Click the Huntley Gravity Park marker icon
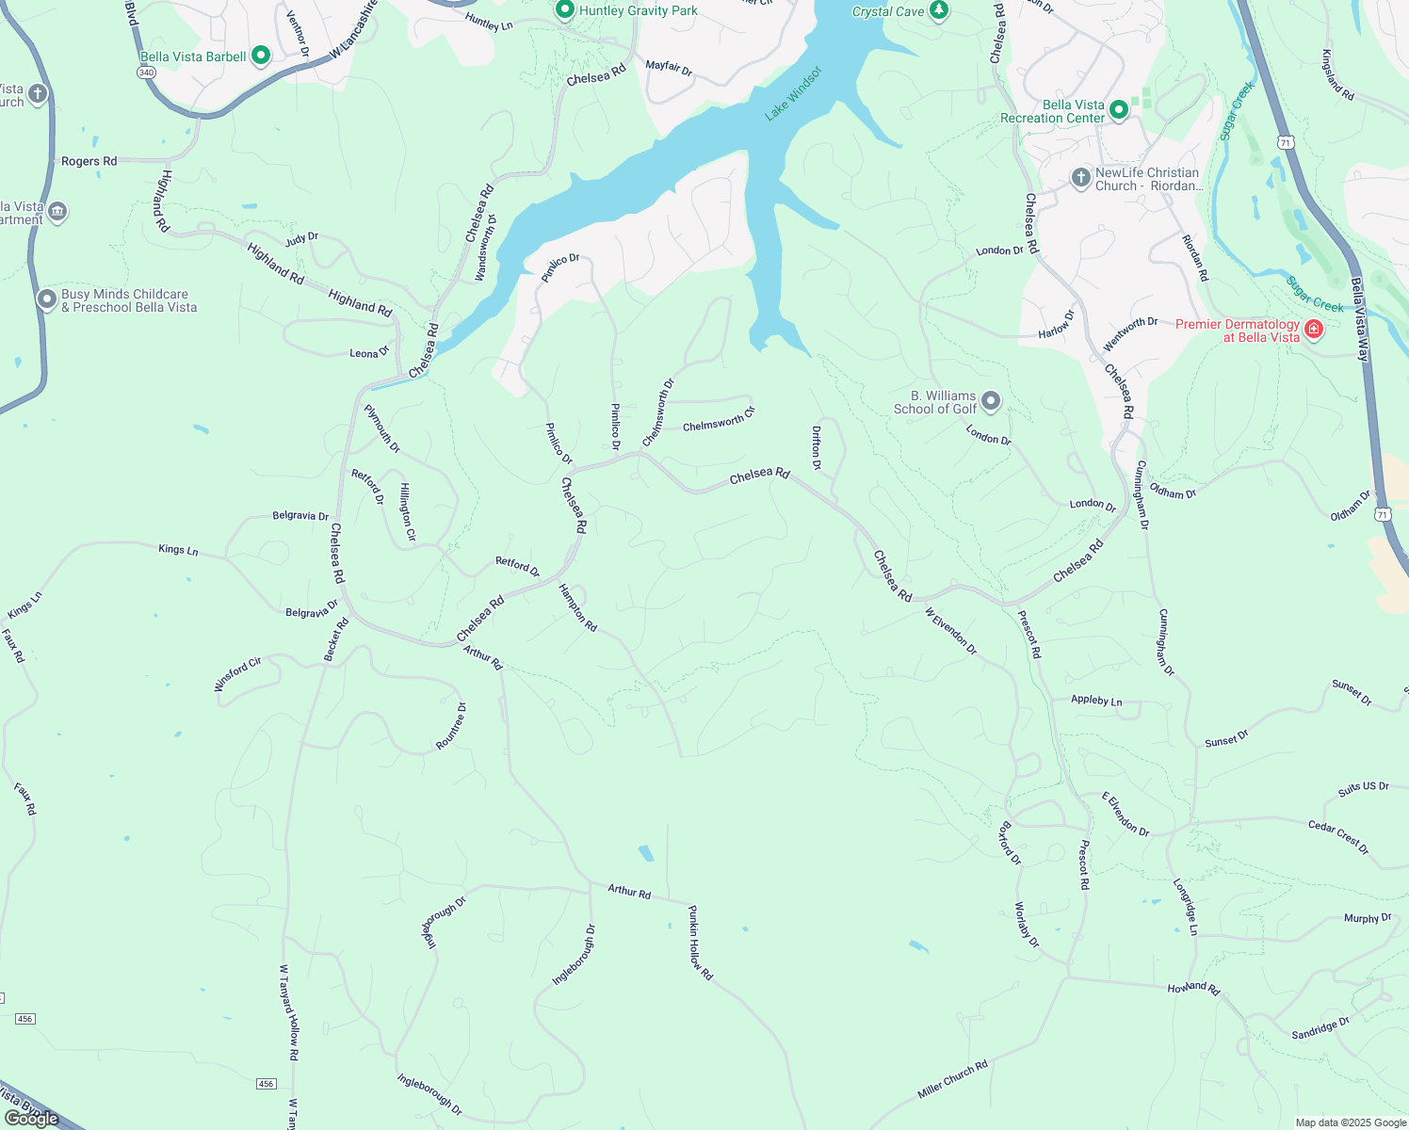point(565,10)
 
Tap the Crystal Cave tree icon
point(938,10)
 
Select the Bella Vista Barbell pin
point(261,56)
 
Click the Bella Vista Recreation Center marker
point(1119,110)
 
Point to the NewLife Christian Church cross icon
point(1080,177)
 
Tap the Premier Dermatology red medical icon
point(1313,330)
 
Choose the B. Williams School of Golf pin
point(991,402)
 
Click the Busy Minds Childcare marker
point(47,299)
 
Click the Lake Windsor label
point(793,93)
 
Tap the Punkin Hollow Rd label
point(700,944)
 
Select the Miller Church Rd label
point(952,1079)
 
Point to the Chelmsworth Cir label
point(719,419)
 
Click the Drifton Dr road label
point(817,447)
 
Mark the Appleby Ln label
point(1096,701)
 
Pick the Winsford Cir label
point(237,674)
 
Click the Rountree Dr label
point(451,726)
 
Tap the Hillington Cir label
point(407,511)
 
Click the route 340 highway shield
point(146,73)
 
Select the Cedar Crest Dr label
point(1338,837)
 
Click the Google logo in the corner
point(31,1119)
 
